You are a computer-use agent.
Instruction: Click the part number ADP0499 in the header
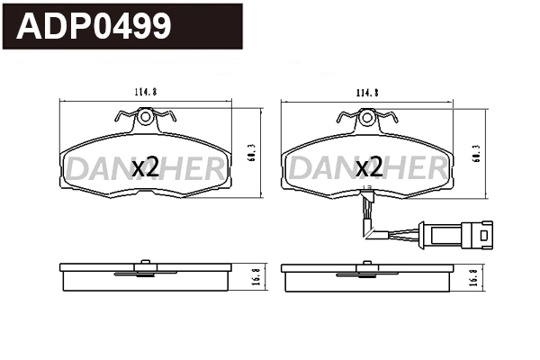[94, 27]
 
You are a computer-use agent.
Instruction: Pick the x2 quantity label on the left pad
[146, 167]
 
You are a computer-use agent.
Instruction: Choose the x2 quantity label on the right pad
[369, 167]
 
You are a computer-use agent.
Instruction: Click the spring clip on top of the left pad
[143, 115]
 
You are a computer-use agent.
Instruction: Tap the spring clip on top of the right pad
[366, 115]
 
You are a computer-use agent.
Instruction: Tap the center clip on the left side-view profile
[143, 265]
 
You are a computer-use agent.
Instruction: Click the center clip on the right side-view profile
[366, 265]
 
